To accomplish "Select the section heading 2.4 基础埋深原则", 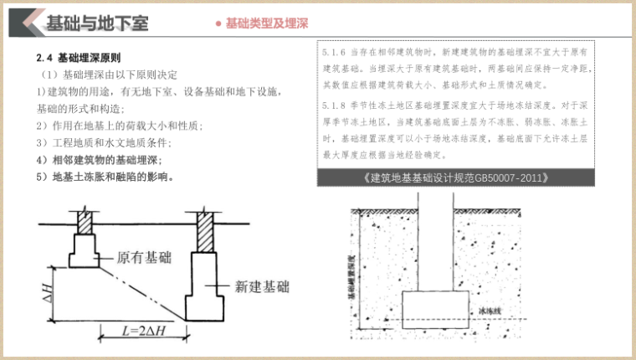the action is pos(79,59).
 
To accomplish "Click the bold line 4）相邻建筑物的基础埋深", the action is pos(100,160).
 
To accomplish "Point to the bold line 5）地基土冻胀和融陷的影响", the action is pos(105,177).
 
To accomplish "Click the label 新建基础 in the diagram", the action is pos(263,286).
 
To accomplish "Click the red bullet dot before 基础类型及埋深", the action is pos(218,23).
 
